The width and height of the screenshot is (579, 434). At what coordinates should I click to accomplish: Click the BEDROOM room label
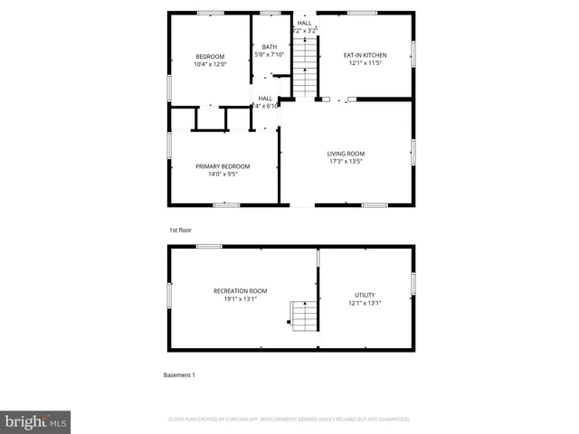tap(210, 57)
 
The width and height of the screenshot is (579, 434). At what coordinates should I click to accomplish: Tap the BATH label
tap(270, 47)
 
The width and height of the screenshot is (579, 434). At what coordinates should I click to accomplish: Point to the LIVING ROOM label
tap(346, 154)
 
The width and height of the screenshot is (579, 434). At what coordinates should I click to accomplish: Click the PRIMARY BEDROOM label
tap(223, 166)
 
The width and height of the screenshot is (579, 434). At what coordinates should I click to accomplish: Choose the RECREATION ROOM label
tap(241, 290)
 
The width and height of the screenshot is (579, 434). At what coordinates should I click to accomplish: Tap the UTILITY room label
tap(365, 295)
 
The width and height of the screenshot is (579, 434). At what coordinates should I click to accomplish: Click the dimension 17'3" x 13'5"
tap(346, 161)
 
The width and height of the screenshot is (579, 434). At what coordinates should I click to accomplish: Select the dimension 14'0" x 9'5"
tap(223, 174)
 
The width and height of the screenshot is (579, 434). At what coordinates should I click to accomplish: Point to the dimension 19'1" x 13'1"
tap(241, 298)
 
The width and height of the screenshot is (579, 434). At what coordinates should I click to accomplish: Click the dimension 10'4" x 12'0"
tap(210, 64)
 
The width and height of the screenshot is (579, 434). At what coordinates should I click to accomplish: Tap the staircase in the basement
tap(303, 316)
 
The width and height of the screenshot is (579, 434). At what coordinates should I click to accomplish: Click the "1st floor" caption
tap(180, 230)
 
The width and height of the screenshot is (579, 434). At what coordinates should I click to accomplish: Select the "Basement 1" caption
tap(178, 374)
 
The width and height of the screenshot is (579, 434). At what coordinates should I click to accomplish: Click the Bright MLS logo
tap(36, 421)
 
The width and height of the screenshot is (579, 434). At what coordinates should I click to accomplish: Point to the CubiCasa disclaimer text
tap(289, 420)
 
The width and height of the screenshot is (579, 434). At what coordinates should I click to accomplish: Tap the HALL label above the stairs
tap(305, 23)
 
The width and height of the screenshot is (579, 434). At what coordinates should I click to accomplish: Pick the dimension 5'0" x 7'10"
tap(270, 55)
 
